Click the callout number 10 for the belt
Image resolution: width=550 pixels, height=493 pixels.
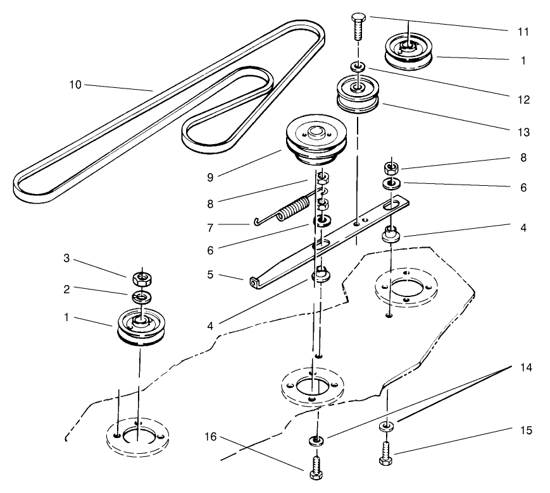pos(75,85)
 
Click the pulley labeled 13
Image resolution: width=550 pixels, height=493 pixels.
pos(359,94)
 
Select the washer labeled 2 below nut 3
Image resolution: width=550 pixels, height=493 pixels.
pos(142,296)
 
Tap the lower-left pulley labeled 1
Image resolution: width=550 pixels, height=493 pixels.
pos(141,327)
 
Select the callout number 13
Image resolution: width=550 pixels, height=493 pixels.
pos(523,132)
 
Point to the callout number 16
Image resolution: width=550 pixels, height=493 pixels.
pos(211,437)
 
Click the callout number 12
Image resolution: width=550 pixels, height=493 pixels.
pos(523,100)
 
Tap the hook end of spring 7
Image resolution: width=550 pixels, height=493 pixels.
pos(256,221)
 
